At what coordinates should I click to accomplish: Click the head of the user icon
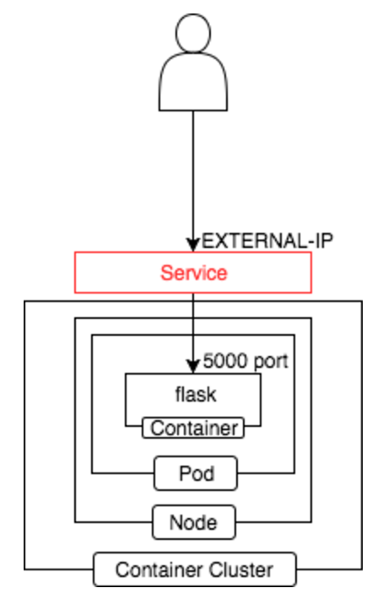click(x=193, y=33)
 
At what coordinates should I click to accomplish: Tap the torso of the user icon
click(x=193, y=82)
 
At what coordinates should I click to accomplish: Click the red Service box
click(x=193, y=273)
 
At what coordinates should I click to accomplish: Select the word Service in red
click(x=194, y=273)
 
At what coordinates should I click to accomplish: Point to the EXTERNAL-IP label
click(x=267, y=241)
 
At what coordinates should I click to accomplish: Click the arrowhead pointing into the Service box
click(x=193, y=245)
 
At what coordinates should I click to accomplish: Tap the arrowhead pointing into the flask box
click(x=193, y=366)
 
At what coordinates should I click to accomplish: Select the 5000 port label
click(x=245, y=361)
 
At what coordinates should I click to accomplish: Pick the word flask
click(x=196, y=394)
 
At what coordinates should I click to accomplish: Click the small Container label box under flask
click(x=193, y=428)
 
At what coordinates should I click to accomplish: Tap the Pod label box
click(x=196, y=473)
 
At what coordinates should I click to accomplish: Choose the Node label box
click(x=194, y=522)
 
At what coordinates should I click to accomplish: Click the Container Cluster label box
click(x=195, y=569)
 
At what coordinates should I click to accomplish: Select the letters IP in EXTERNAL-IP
click(x=325, y=241)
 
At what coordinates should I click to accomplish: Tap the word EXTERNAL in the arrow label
click(x=255, y=241)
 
